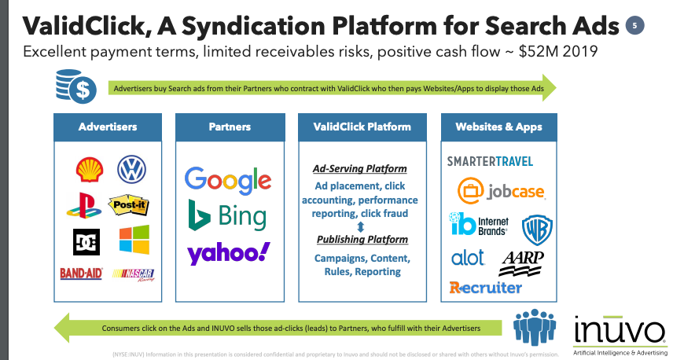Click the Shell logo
[x=88, y=169]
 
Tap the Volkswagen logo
[x=131, y=169]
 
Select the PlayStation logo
[x=84, y=206]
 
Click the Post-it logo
[x=128, y=206]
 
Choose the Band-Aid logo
[x=81, y=274]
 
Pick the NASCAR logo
[x=133, y=274]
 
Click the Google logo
[x=228, y=179]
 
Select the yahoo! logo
[x=228, y=253]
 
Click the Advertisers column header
[x=108, y=127]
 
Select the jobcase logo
[x=500, y=191]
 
